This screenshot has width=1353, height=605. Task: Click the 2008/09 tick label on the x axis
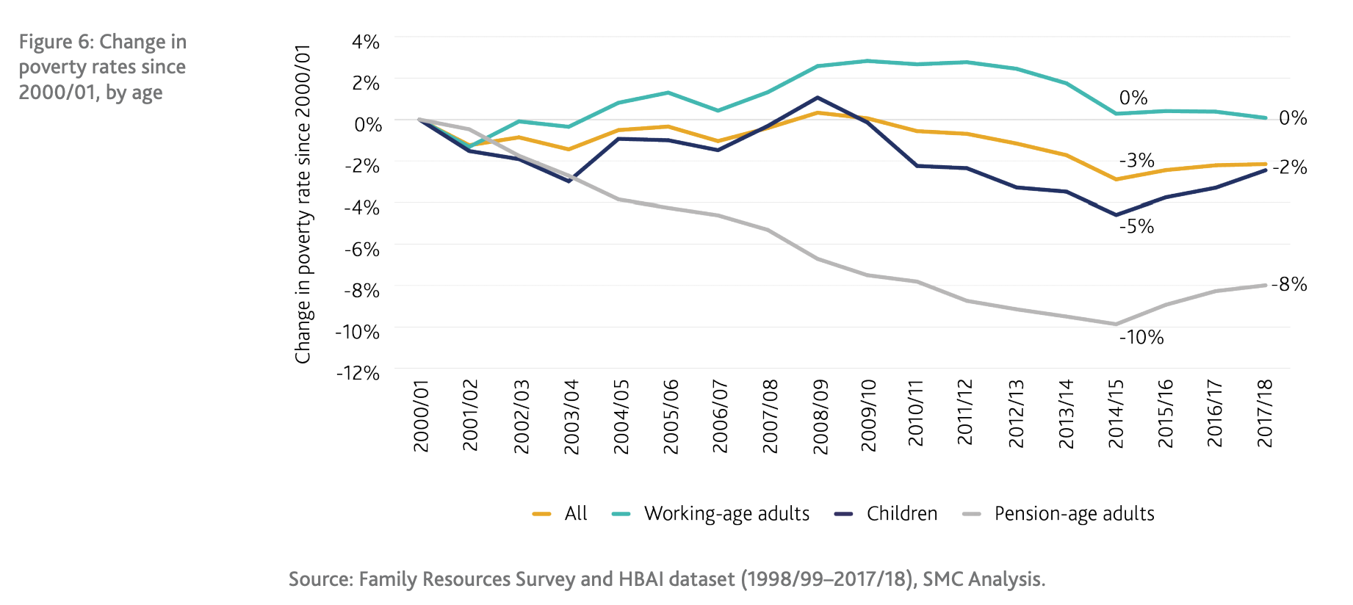pos(820,416)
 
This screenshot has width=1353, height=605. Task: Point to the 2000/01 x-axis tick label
pos(421,416)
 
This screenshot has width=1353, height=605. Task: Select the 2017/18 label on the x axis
pos(1265,413)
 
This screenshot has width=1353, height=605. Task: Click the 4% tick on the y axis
pos(365,42)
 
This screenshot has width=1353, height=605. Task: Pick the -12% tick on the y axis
pos(358,373)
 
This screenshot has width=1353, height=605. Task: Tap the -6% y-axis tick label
pos(362,250)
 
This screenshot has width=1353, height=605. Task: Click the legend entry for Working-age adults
pos(726,513)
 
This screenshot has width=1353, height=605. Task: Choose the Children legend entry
pos(901,513)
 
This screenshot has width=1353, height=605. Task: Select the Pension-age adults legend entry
pos(1073,513)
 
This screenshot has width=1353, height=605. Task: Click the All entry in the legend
pos(575,513)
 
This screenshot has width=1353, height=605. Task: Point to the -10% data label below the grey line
pos(1141,338)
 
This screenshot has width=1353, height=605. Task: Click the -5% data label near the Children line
pos(1136,227)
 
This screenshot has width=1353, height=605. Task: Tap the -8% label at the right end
pos(1289,284)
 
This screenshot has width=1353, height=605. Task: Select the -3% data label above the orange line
pos(1136,160)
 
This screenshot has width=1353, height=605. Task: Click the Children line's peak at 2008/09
pos(818,98)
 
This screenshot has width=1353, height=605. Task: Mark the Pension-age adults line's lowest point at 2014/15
pos(1116,324)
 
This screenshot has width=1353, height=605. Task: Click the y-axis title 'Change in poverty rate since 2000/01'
pos(303,204)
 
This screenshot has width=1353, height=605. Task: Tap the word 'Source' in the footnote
pos(320,579)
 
